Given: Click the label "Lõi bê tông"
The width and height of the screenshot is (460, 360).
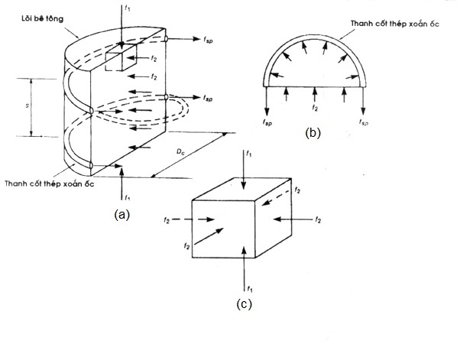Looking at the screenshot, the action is coord(43,18).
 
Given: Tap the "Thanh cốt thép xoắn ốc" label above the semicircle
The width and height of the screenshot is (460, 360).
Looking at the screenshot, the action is coord(395,24).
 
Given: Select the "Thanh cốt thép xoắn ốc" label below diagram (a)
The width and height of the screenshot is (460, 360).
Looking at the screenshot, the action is coord(50,183).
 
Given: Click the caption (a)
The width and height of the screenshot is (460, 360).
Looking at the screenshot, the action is coord(121,215).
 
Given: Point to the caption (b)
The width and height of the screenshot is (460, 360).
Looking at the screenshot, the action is coord(313,133).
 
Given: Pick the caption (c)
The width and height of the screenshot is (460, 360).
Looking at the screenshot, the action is coord(244,304).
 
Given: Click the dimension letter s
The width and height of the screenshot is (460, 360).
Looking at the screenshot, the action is coord(28,105).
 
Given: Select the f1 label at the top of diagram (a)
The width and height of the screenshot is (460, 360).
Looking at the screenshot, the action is coord(128,8).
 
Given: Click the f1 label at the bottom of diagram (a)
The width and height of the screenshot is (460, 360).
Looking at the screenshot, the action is coord(127,198).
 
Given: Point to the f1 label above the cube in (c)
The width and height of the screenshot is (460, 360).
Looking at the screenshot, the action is coord(249,154).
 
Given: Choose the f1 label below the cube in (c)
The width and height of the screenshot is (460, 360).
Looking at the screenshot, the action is coord(250,289).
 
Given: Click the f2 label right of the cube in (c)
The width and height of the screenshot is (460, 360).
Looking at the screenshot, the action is coord(318,219).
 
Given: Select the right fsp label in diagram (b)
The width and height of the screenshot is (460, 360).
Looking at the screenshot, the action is coord(364,122).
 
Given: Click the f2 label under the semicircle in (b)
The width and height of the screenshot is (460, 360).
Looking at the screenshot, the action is coord(315,108).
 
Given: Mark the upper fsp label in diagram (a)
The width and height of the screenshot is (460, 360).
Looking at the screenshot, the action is coord(208,40).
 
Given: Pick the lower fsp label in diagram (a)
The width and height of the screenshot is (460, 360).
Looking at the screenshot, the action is coord(208,99).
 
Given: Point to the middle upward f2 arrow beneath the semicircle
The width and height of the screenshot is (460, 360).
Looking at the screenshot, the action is coord(315,95).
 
